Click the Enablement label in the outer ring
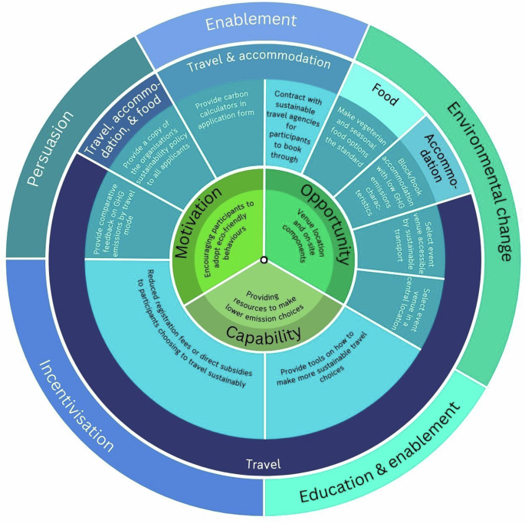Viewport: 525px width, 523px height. click(x=252, y=24)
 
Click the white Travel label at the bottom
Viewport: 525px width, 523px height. click(x=262, y=463)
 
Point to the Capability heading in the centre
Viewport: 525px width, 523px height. click(x=262, y=332)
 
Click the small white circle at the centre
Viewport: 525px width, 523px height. click(x=263, y=260)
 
